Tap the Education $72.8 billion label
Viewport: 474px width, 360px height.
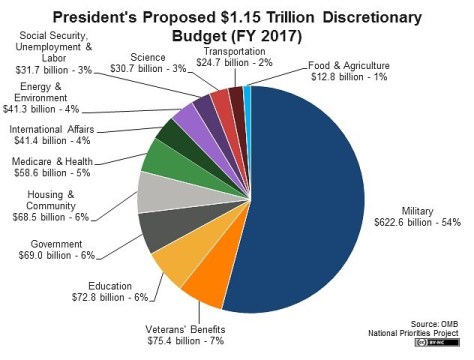119,291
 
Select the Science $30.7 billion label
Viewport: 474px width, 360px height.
149,63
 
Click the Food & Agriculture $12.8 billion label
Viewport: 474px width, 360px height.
349,69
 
